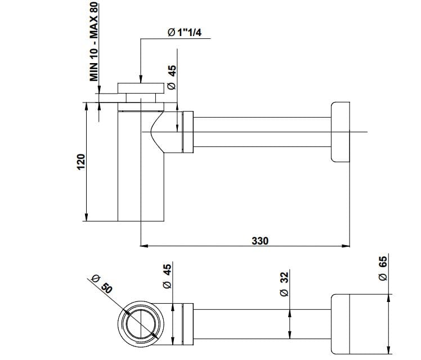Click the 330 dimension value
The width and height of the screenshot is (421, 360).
click(x=260, y=241)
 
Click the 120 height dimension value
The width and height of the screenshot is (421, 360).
click(x=81, y=162)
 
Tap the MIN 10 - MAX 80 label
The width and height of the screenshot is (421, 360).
click(x=94, y=41)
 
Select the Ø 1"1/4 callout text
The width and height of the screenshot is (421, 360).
click(x=185, y=33)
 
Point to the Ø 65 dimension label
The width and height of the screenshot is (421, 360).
click(x=383, y=268)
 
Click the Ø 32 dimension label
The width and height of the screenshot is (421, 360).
click(x=284, y=284)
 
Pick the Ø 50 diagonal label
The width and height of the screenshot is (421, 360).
click(x=102, y=285)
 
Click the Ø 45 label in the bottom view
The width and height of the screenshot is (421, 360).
click(x=167, y=276)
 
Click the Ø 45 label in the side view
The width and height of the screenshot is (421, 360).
click(x=172, y=77)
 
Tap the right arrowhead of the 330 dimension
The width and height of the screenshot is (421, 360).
click(x=346, y=246)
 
